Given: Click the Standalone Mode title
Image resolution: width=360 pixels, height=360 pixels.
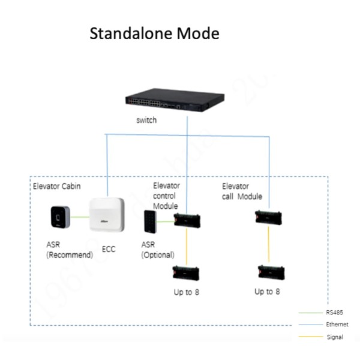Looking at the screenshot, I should point(154,34).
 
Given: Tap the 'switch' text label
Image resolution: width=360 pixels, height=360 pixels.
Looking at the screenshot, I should point(146,120).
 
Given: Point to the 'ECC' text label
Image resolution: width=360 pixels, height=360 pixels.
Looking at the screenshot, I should point(109,249).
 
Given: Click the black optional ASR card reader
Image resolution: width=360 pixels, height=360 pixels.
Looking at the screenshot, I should point(149,223).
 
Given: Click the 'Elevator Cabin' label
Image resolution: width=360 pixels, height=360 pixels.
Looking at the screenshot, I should point(57,188).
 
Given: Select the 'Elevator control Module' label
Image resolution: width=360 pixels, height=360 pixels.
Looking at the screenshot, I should point(166,196).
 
